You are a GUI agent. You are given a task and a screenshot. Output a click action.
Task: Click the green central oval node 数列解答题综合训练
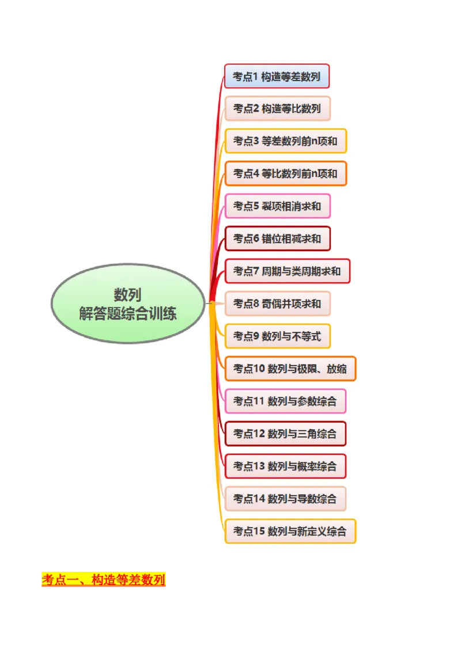(128, 304)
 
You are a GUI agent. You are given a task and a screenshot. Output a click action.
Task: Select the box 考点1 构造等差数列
(277, 76)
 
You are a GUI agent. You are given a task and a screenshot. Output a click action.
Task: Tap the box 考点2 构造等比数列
(277, 108)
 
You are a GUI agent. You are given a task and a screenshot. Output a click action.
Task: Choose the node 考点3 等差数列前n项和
(285, 141)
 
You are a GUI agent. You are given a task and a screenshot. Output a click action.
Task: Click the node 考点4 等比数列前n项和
(285, 173)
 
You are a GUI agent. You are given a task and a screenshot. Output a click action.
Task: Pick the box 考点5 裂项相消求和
(277, 206)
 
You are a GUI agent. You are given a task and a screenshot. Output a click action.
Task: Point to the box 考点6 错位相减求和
(277, 238)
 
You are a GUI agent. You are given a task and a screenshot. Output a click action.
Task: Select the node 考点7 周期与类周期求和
(287, 271)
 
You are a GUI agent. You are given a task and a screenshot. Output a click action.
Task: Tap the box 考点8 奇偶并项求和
(277, 303)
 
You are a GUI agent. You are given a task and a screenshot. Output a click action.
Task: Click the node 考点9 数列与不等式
(277, 336)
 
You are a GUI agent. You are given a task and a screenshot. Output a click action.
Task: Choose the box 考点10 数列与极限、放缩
(290, 369)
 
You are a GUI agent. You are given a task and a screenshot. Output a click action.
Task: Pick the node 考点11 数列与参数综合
(285, 401)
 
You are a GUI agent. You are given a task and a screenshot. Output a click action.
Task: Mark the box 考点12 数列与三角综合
(285, 433)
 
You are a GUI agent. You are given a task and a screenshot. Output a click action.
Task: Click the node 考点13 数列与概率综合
(285, 466)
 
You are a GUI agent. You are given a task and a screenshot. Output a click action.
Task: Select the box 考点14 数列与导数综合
(285, 498)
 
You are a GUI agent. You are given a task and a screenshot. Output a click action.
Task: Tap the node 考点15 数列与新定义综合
(290, 531)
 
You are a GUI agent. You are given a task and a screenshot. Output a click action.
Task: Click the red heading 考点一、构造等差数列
(104, 579)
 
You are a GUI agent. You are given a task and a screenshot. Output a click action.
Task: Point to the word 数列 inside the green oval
(128, 295)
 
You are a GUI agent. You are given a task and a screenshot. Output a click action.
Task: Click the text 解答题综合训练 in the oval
(128, 313)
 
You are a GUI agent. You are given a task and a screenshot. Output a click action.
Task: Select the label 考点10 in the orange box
(248, 369)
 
